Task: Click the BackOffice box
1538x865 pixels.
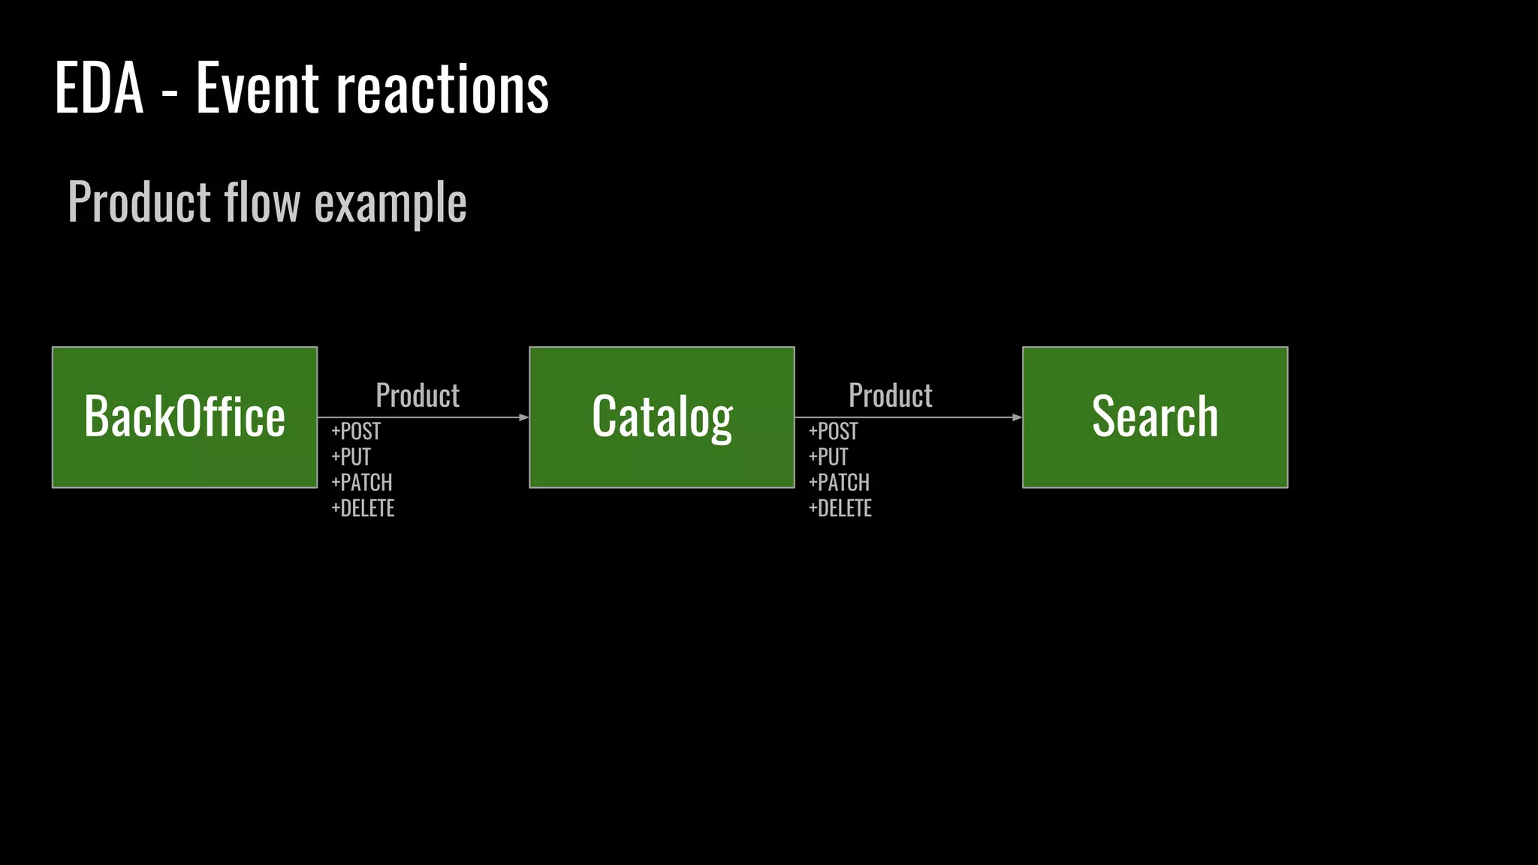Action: [185, 417]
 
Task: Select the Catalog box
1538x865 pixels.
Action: [662, 417]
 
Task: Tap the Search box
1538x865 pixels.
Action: [1155, 417]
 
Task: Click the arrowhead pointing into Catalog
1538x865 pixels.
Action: [524, 417]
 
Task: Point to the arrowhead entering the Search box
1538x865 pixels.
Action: [1017, 417]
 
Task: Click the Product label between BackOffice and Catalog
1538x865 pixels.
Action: [418, 396]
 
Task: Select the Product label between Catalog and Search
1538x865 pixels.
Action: [891, 396]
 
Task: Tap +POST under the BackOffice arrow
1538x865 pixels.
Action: [356, 432]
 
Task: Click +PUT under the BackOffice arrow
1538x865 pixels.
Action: [351, 457]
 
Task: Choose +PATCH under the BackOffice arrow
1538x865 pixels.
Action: [362, 483]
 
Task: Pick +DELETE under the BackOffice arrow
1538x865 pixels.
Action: [363, 508]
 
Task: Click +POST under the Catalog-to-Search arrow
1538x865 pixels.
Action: [834, 432]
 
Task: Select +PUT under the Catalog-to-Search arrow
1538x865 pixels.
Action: [828, 457]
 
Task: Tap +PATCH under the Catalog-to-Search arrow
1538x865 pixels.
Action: [839, 483]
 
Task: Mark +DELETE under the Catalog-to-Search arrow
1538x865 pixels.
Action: [840, 508]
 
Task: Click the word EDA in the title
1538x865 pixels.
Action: [99, 89]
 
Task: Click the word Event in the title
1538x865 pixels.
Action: [258, 89]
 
